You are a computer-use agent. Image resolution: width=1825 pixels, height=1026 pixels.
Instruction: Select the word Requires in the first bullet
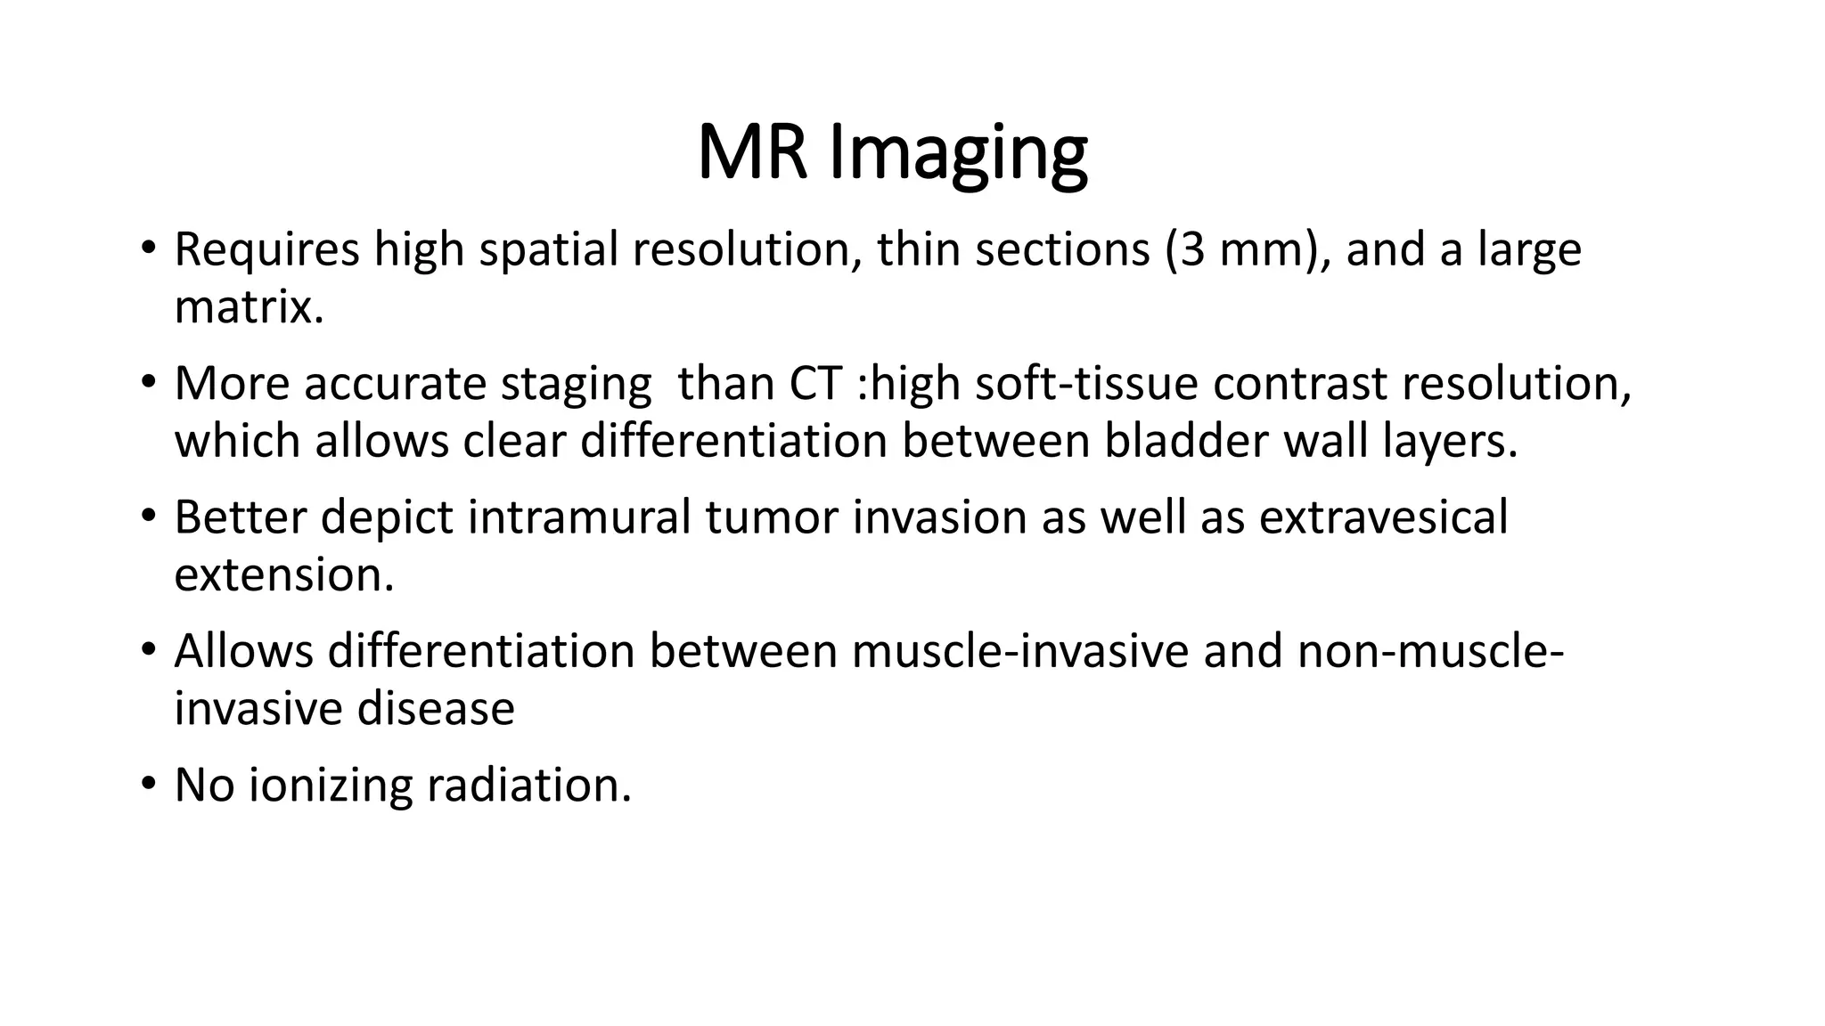click(x=266, y=249)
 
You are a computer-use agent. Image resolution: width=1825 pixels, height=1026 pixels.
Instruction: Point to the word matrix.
click(x=249, y=307)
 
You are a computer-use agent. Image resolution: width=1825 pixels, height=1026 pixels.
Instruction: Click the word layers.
click(x=1450, y=442)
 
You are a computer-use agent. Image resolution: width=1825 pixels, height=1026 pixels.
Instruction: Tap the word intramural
click(x=579, y=517)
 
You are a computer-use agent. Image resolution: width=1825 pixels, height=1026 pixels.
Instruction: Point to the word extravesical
click(x=1383, y=517)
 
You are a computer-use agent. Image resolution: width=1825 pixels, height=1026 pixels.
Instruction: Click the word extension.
click(x=283, y=575)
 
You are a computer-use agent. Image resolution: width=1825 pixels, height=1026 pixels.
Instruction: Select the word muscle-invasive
click(x=1019, y=651)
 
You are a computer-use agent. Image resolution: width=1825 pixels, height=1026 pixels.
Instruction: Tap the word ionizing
click(x=329, y=786)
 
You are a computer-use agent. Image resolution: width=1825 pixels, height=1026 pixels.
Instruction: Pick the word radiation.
click(x=528, y=786)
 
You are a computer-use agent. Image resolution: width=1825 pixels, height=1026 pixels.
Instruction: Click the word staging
click(x=576, y=386)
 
